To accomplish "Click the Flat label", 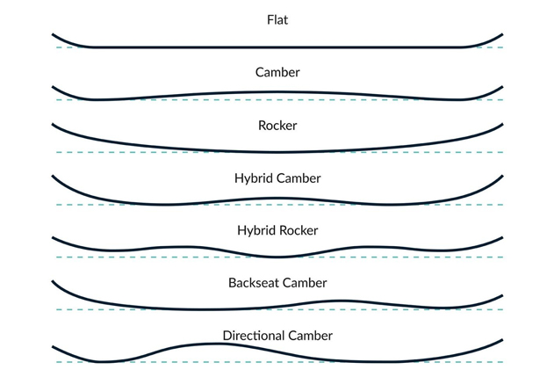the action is pos(277,20).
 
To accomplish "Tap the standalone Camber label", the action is pos(277,72).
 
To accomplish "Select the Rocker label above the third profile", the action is pos(277,125).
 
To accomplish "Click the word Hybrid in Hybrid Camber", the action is pos(255,178).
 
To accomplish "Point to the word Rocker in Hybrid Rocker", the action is pos(299,230).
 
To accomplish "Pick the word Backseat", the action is pos(254,283).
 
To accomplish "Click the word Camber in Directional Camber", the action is pos(310,336).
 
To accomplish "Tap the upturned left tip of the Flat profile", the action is pos(53,34).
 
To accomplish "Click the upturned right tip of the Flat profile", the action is pos(502,34).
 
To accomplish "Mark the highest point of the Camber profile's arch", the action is pos(277,92).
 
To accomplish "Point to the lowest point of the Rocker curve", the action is pos(277,152).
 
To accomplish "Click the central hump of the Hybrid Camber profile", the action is pos(277,199).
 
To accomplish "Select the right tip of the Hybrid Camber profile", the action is pos(502,176).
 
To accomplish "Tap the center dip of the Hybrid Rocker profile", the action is pos(277,257).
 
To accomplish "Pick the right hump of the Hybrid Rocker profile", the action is pos(370,247).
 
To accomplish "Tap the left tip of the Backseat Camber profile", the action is pos(53,281).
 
